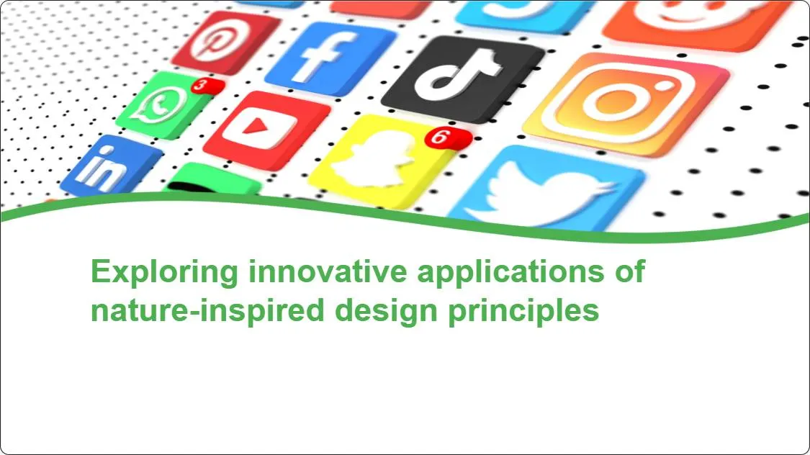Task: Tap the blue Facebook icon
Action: pyautogui.click(x=330, y=58)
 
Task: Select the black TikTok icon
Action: pyautogui.click(x=462, y=78)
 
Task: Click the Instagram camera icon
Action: pyautogui.click(x=626, y=103)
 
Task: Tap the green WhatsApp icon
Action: pyautogui.click(x=164, y=106)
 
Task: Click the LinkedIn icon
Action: pyautogui.click(x=111, y=166)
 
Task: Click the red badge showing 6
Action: pyautogui.click(x=448, y=138)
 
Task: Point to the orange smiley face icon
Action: pyautogui.click(x=698, y=23)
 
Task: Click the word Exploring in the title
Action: pyautogui.click(x=164, y=271)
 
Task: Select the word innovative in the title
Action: pyautogui.click(x=328, y=271)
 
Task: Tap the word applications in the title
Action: pyautogui.click(x=510, y=271)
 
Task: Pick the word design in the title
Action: pyautogui.click(x=387, y=311)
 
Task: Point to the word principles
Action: pyautogui.click(x=523, y=311)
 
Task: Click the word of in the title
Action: pyautogui.click(x=630, y=271)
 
